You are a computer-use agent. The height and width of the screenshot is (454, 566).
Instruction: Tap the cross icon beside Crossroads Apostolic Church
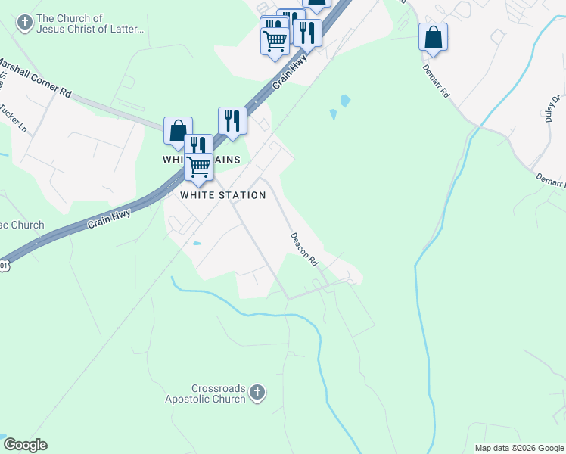tap(257, 393)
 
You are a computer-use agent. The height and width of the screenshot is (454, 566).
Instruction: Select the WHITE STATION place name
tap(223, 195)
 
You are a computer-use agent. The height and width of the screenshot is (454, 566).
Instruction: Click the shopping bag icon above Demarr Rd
tap(433, 37)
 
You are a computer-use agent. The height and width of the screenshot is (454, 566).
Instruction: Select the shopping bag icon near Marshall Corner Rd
tap(178, 130)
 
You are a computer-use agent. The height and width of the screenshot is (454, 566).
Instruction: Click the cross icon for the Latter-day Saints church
tap(24, 23)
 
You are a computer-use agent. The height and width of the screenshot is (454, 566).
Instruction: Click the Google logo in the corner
tap(25, 445)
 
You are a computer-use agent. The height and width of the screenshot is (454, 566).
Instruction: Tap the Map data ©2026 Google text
tap(519, 448)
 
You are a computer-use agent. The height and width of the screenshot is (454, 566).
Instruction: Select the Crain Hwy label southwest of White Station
tap(110, 219)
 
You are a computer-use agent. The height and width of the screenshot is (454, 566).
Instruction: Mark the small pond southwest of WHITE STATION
tap(197, 244)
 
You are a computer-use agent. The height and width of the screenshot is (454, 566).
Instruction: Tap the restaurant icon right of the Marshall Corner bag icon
tap(232, 120)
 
